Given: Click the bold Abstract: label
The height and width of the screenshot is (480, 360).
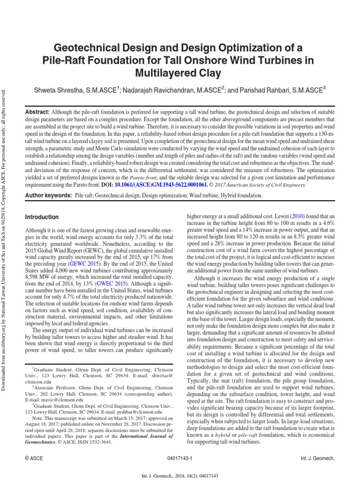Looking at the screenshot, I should coord(37,112).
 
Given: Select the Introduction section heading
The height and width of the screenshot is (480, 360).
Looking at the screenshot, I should coord(42,217).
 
